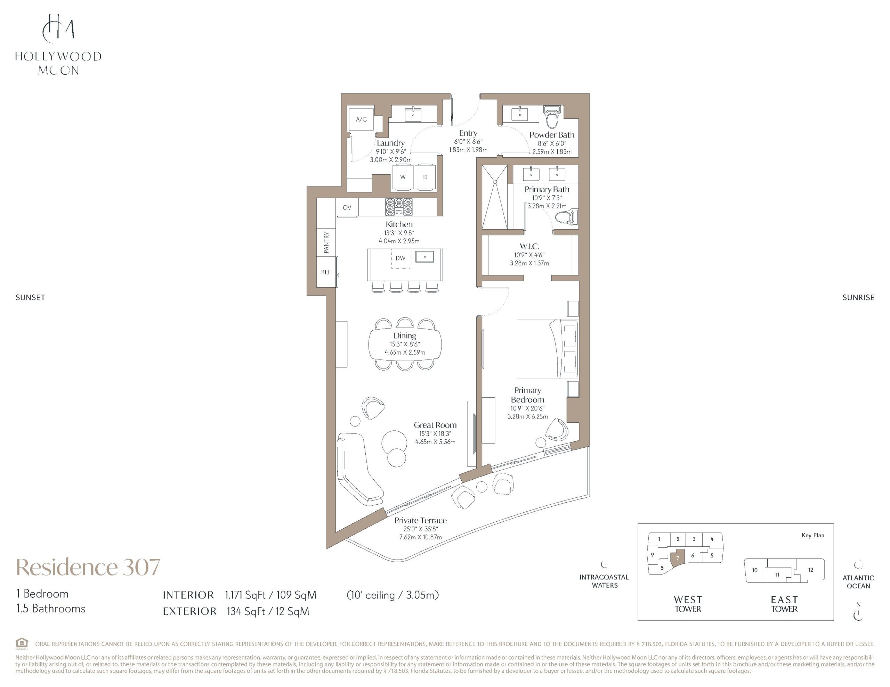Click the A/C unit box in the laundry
click(x=361, y=119)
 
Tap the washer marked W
click(x=403, y=177)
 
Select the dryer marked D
click(x=425, y=177)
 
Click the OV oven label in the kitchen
click(x=347, y=207)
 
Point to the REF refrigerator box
click(x=326, y=272)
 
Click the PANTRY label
click(x=326, y=242)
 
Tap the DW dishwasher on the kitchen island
click(x=400, y=258)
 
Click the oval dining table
click(x=405, y=344)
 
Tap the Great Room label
click(x=435, y=425)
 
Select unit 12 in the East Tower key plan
click(x=810, y=570)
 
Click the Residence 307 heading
click(x=88, y=567)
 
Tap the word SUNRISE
click(x=858, y=298)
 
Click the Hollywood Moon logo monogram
click(x=58, y=28)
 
